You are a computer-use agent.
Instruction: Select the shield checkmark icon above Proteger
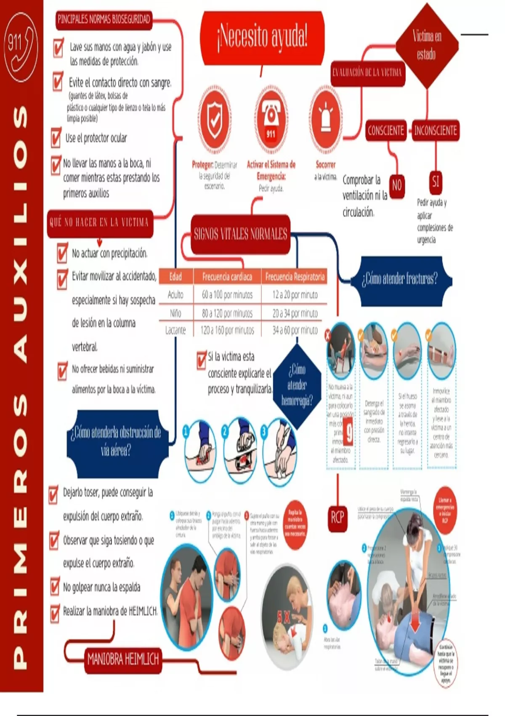215,119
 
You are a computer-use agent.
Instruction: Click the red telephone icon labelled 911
271,119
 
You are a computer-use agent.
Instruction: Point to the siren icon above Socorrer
326,119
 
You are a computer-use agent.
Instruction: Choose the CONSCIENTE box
386,131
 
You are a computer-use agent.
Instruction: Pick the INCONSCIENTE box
435,131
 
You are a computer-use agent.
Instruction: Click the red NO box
397,185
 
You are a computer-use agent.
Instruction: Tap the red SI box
436,182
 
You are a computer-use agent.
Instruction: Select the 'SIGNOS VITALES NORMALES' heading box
240,234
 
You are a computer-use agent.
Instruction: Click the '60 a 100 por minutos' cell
227,295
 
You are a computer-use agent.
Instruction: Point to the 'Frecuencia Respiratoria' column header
295,277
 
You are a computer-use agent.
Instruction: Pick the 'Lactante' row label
175,330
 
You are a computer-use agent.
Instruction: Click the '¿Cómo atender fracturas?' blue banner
400,278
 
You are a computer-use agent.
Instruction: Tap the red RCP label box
338,517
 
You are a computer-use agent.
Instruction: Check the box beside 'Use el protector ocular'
56,138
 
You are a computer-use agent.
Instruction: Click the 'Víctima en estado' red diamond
427,45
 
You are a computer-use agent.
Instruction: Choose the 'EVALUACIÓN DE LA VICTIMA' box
367,72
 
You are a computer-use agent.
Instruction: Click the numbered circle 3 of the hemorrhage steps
264,432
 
